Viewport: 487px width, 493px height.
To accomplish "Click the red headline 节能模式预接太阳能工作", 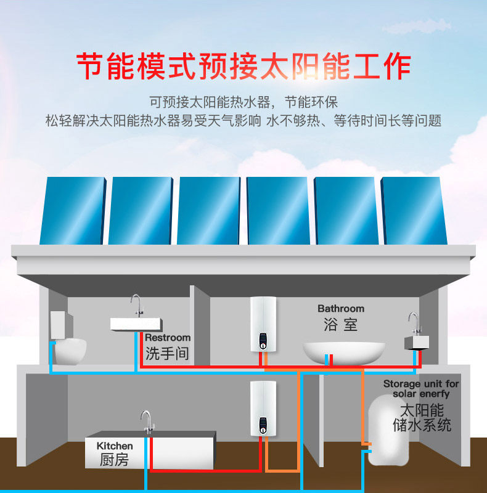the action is tap(243, 66).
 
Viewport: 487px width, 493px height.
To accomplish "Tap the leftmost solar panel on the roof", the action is tap(73, 211).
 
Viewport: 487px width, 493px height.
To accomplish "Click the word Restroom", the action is tap(168, 338).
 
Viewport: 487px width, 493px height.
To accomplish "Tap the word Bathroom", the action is tap(341, 308).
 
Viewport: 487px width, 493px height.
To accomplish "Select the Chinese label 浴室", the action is tap(340, 324).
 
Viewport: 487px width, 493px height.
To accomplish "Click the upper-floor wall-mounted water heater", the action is tap(263, 324).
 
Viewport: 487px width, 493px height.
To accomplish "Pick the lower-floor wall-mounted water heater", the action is tap(263, 409).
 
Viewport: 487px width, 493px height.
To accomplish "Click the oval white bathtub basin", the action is tap(343, 353).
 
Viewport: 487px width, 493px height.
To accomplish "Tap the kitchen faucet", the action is tap(146, 422).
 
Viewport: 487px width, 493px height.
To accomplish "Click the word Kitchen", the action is tap(115, 446).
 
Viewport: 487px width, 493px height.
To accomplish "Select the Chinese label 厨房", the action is tap(115, 460).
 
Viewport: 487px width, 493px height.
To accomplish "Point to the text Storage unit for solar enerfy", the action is tap(421, 388).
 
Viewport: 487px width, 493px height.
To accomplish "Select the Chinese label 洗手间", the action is tap(167, 354).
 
